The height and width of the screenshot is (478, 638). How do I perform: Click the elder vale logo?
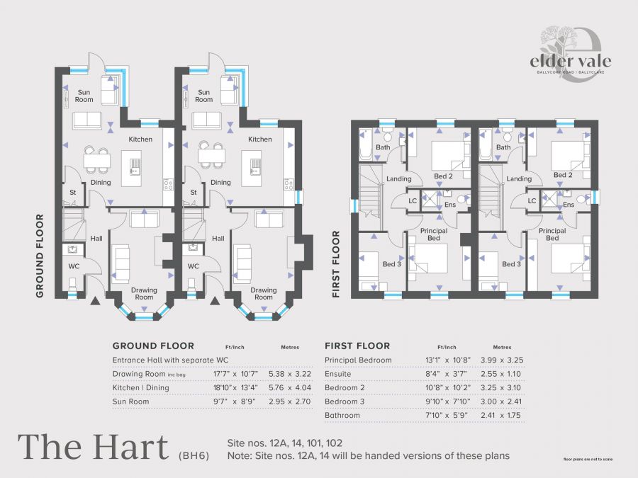point(570,55)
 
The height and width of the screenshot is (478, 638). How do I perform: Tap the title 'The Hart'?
point(93,448)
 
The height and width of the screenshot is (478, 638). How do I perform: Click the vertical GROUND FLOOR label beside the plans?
point(40,256)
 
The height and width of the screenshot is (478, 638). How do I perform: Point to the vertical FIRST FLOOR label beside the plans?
point(336,264)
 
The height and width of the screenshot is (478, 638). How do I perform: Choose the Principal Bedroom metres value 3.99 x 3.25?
point(502,360)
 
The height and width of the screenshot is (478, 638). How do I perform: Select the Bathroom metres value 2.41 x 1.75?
point(502,416)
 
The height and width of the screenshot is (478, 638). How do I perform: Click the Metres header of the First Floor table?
point(502,347)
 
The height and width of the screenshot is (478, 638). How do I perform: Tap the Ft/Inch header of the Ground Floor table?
point(235,347)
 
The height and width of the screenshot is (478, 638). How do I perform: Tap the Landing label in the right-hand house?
point(519,179)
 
